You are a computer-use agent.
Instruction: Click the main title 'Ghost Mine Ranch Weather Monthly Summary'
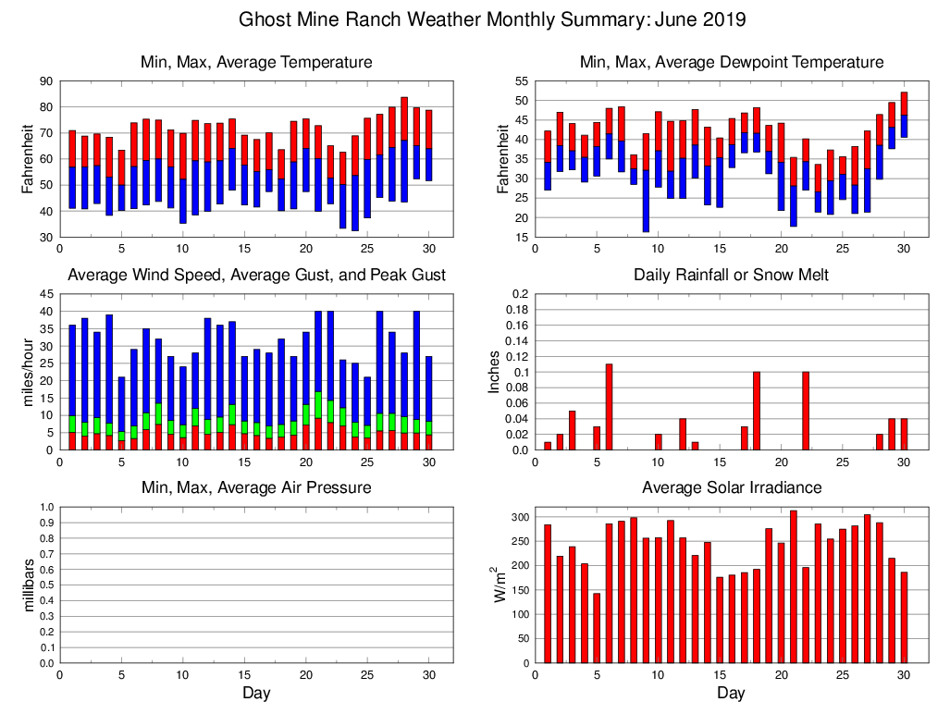point(493,19)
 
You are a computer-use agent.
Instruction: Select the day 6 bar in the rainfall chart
point(609,407)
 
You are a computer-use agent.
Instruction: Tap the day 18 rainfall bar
point(757,411)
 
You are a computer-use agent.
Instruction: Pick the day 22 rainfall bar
point(806,411)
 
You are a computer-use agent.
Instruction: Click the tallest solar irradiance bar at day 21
point(794,586)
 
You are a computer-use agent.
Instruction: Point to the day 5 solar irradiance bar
point(597,628)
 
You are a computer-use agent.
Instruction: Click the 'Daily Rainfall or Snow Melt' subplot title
point(731,275)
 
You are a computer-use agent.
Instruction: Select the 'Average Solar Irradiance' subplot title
point(731,487)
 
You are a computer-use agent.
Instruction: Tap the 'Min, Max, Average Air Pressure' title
point(256,487)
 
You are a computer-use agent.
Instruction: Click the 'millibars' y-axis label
point(28,585)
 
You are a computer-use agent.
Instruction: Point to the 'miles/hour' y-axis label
point(28,372)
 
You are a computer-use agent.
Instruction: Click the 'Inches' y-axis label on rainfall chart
point(495,372)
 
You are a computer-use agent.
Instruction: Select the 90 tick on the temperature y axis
point(45,81)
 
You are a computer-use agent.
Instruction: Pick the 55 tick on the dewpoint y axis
point(522,81)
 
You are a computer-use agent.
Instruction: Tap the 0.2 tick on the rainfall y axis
point(519,294)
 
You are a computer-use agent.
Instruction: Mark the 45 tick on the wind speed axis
point(45,294)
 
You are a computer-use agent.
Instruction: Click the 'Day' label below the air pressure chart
point(256,694)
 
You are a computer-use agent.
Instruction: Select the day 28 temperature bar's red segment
point(404,118)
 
